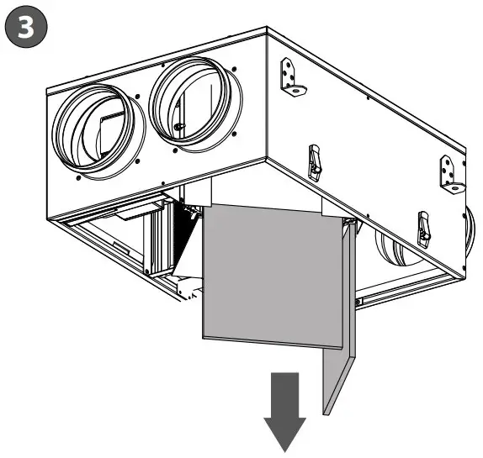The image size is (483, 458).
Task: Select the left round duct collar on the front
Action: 93,132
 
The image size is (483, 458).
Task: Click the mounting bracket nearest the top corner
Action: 290,78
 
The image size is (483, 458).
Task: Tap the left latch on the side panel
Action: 315,161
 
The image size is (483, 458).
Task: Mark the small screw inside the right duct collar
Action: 178,126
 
